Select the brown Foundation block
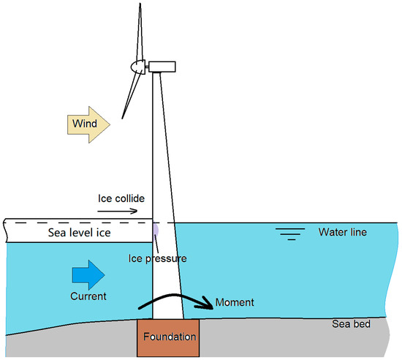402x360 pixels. (x=167, y=348)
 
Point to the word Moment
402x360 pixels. (x=235, y=302)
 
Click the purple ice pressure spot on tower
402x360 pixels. (x=155, y=228)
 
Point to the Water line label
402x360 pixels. (x=342, y=233)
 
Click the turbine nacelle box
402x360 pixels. (x=162, y=67)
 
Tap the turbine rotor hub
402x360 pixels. (x=137, y=67)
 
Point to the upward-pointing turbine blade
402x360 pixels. (x=140, y=29)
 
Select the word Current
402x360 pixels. (x=88, y=296)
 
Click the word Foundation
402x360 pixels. (x=170, y=337)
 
